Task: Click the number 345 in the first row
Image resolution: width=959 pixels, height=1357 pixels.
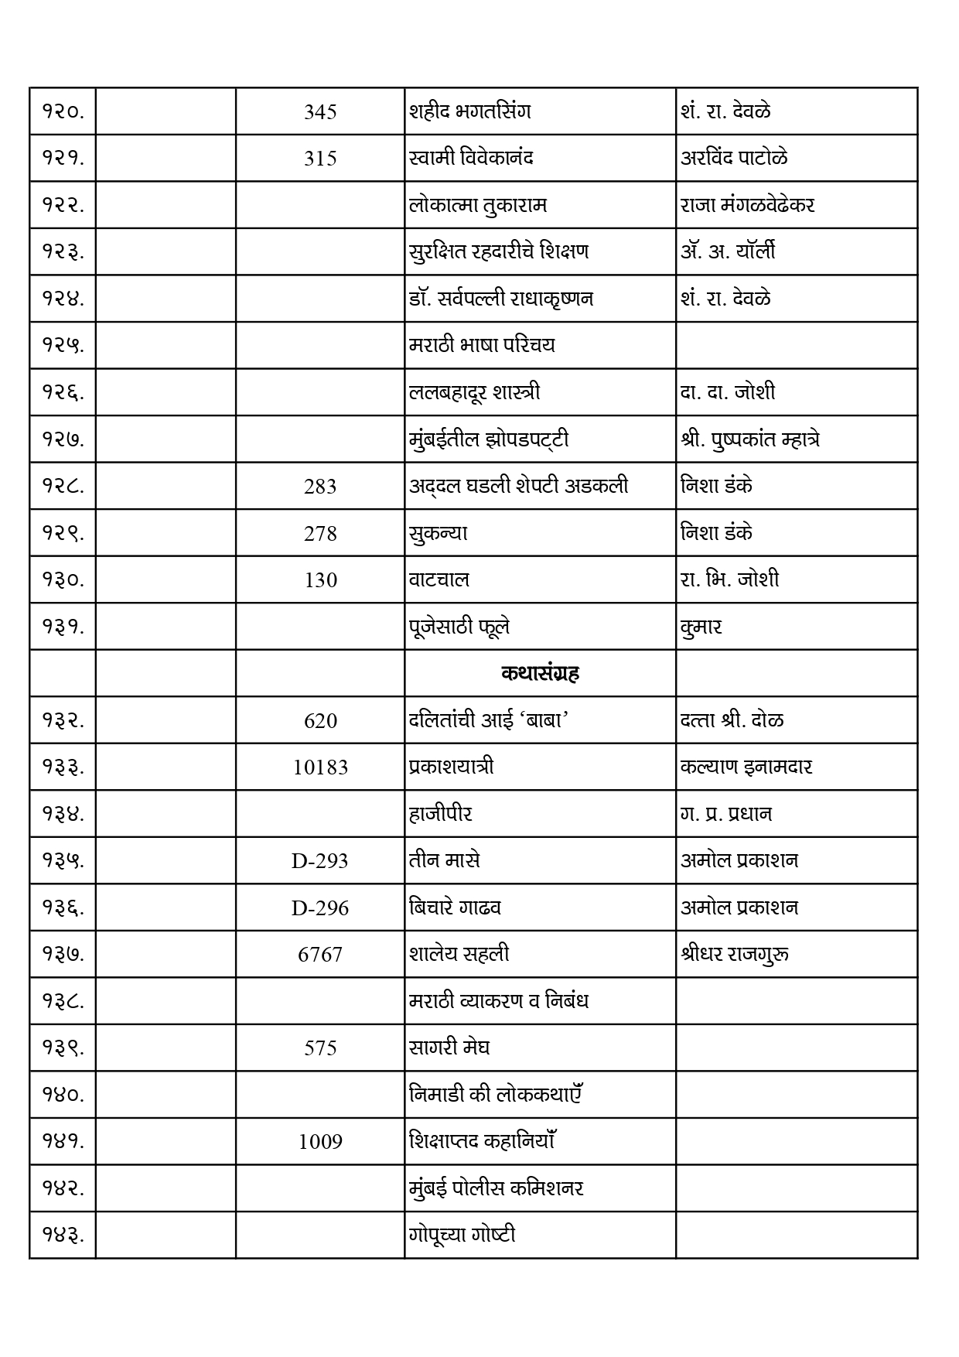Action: pyautogui.click(x=320, y=112)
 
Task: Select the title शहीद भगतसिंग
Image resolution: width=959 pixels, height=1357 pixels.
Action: pyautogui.click(x=470, y=111)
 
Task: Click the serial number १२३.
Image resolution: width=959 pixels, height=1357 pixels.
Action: pyautogui.click(x=63, y=252)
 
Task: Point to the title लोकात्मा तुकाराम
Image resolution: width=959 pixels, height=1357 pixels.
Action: pyautogui.click(x=478, y=205)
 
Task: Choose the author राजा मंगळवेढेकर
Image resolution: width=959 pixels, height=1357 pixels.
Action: pyautogui.click(x=747, y=205)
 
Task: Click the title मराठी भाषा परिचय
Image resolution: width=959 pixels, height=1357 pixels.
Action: pyautogui.click(x=482, y=345)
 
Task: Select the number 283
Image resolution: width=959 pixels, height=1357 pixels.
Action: pyautogui.click(x=320, y=487)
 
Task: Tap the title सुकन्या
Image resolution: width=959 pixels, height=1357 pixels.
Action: pyautogui.click(x=438, y=533)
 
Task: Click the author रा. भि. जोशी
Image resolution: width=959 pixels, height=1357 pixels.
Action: pyautogui.click(x=729, y=579)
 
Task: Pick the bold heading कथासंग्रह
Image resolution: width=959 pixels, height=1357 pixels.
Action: pyautogui.click(x=540, y=674)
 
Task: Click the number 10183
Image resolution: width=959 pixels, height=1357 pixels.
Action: pyautogui.click(x=320, y=767)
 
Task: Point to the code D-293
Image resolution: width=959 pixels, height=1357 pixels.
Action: pyautogui.click(x=320, y=861)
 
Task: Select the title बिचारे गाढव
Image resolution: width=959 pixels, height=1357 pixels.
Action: pyautogui.click(x=455, y=908)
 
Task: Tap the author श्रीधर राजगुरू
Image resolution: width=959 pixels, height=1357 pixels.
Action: pyautogui.click(x=735, y=954)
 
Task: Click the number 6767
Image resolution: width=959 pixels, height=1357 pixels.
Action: pyautogui.click(x=320, y=955)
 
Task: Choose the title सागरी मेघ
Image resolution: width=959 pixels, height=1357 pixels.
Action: pyautogui.click(x=449, y=1048)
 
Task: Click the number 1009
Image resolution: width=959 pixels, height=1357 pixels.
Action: pyautogui.click(x=320, y=1142)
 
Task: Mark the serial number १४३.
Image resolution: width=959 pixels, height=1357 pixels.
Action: pyautogui.click(x=63, y=1236)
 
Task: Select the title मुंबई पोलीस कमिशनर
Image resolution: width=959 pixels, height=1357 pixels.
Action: pyautogui.click(x=496, y=1188)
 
